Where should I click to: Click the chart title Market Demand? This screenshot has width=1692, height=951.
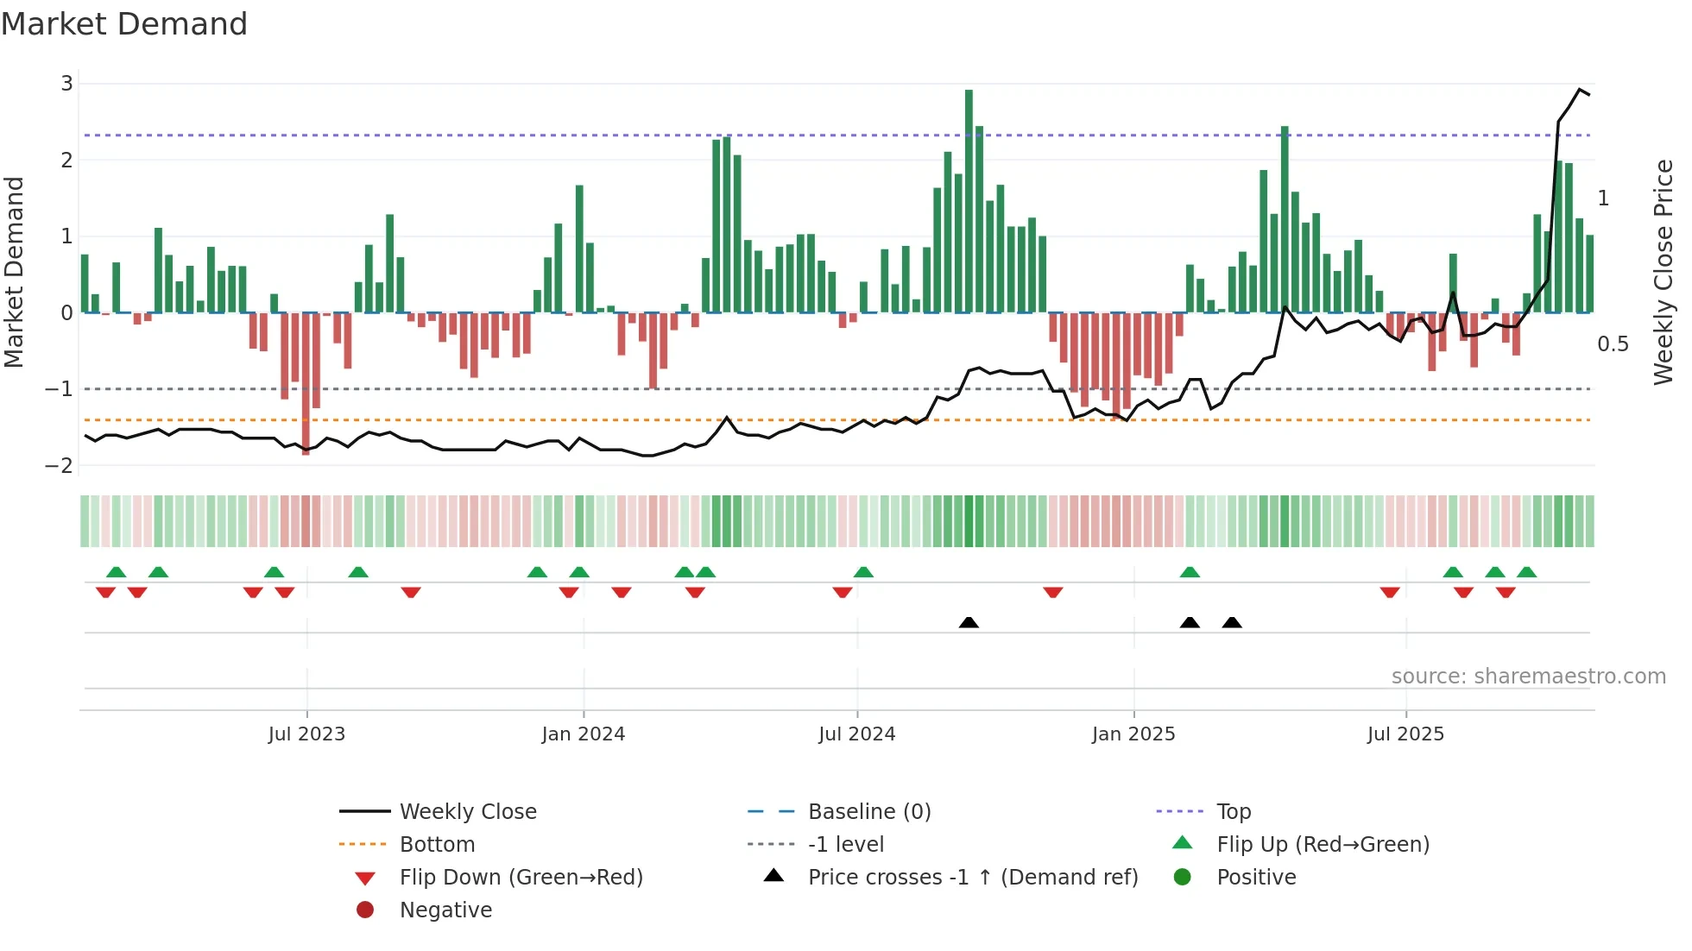[x=124, y=24]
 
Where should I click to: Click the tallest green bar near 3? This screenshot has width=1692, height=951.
[x=969, y=200]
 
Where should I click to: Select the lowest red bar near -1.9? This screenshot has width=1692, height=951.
[x=306, y=383]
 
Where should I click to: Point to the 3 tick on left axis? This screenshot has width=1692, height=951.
[x=66, y=84]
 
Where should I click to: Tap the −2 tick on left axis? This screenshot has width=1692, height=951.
[x=60, y=466]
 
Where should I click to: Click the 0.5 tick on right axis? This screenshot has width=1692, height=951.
[x=1613, y=344]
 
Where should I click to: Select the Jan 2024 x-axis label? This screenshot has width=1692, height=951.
[x=583, y=734]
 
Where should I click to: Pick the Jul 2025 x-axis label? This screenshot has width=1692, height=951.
[x=1405, y=734]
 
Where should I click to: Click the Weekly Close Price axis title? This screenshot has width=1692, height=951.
[x=1663, y=272]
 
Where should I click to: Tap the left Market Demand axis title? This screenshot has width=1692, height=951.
[x=15, y=272]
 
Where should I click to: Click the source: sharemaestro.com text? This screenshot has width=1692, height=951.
[x=1528, y=677]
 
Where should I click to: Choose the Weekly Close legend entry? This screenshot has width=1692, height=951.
[x=467, y=812]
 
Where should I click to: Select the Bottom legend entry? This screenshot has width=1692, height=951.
[x=437, y=845]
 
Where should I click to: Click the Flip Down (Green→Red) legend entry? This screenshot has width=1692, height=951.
[x=521, y=878]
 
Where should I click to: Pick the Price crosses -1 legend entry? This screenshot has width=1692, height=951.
[x=972, y=878]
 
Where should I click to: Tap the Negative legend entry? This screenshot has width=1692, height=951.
[x=445, y=910]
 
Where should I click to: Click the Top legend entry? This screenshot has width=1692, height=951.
[x=1233, y=812]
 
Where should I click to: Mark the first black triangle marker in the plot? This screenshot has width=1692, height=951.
[x=969, y=622]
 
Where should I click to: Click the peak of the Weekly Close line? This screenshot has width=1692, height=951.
[x=1580, y=90]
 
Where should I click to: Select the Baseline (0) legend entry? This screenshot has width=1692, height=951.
[x=868, y=812]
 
